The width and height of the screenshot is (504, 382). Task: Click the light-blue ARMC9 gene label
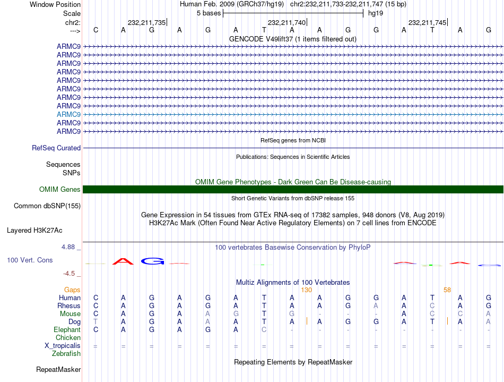(68, 114)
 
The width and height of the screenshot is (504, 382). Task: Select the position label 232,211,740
(287, 22)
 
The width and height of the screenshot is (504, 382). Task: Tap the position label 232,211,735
(147, 22)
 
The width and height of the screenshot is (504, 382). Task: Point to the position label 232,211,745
(427, 22)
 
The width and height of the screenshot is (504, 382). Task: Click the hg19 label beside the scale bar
(376, 13)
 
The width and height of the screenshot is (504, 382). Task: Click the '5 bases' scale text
(208, 13)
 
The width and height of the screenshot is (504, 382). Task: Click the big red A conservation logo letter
(123, 261)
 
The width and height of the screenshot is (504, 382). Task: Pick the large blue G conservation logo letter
(152, 261)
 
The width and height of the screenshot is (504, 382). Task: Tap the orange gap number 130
(306, 290)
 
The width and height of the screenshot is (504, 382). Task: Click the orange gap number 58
(447, 290)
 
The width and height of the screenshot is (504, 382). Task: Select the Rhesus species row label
(69, 306)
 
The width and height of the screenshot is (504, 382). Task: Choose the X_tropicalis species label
(63, 345)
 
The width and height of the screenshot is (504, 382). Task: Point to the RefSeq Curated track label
(56, 148)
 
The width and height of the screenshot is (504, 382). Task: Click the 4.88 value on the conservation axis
(69, 247)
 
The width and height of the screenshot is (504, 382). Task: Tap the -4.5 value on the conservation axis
(69, 274)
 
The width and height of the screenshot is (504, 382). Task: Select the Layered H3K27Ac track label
(34, 231)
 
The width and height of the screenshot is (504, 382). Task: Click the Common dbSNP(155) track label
(47, 206)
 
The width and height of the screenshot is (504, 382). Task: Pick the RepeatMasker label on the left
(58, 369)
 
